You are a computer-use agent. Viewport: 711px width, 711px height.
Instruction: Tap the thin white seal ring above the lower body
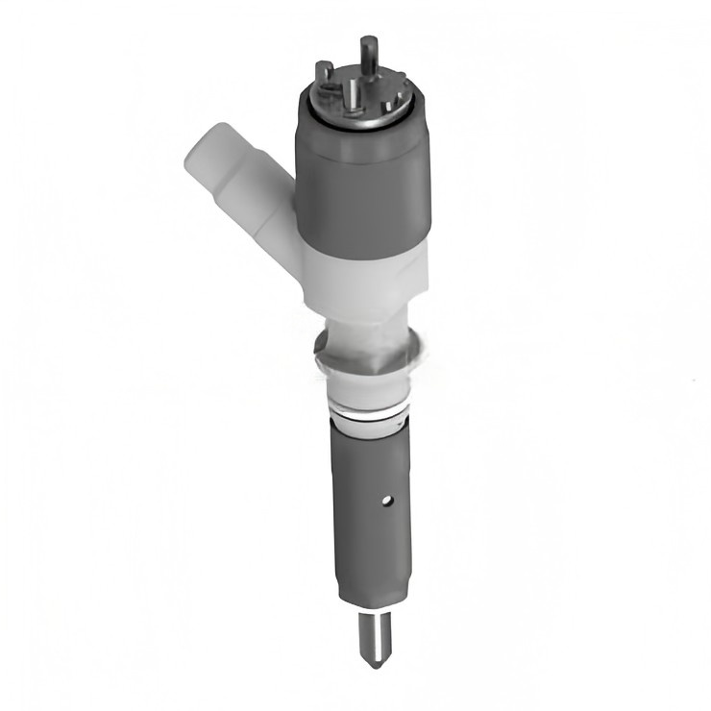(369, 415)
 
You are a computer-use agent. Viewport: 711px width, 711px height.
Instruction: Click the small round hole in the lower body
(386, 500)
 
